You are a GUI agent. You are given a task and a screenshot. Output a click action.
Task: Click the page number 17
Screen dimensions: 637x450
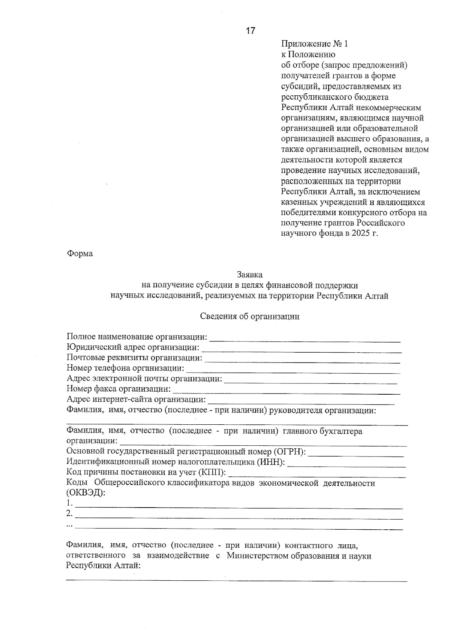pyautogui.click(x=250, y=31)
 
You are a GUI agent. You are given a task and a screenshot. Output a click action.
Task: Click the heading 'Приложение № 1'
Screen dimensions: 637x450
pyautogui.click(x=314, y=44)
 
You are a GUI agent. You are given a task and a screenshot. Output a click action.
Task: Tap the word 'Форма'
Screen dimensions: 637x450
pyautogui.click(x=80, y=254)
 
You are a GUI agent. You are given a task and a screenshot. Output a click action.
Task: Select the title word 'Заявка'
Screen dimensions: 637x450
pyautogui.click(x=249, y=275)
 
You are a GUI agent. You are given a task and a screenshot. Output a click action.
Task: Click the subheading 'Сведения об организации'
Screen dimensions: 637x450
pyautogui.click(x=250, y=316)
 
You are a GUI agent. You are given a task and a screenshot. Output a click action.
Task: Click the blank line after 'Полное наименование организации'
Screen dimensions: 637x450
pyautogui.click(x=304, y=340)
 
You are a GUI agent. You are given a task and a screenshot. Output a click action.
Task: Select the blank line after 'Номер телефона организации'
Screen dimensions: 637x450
pyautogui.click(x=293, y=371)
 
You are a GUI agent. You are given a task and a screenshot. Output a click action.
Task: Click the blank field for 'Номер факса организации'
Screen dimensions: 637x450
pyautogui.click(x=286, y=392)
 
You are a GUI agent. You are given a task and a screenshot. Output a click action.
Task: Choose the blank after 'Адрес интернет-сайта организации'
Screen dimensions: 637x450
pyautogui.click(x=301, y=402)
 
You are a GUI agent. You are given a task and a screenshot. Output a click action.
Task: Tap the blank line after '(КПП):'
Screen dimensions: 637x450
pyautogui.click(x=317, y=475)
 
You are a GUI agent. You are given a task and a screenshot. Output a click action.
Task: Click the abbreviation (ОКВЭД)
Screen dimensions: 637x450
pyautogui.click(x=85, y=493)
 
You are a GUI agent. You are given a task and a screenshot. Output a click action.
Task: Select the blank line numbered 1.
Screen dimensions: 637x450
pyautogui.click(x=238, y=506)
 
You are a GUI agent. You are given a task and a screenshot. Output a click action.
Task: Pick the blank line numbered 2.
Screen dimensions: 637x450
pyautogui.click(x=238, y=517)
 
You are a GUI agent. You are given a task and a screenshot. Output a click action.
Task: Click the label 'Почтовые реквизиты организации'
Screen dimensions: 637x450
pyautogui.click(x=134, y=358)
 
